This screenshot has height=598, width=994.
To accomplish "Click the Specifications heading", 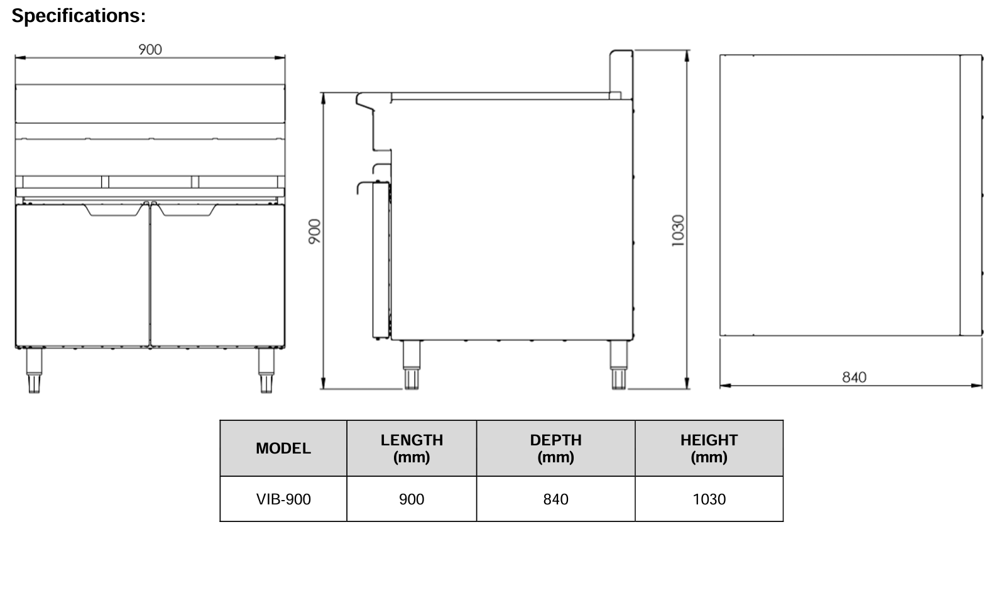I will (79, 16).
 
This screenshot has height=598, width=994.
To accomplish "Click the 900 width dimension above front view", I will (150, 50).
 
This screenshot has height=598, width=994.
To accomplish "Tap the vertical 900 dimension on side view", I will (315, 231).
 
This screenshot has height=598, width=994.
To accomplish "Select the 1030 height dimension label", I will (677, 231).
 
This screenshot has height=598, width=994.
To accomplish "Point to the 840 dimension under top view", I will (854, 377).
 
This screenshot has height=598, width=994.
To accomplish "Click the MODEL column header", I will (283, 448).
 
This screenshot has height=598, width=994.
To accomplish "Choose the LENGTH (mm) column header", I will (412, 448).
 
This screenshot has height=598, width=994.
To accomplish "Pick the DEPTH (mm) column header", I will (555, 448).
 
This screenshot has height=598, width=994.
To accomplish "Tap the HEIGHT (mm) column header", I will (709, 448).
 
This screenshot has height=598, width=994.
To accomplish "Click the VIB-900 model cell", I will (283, 499).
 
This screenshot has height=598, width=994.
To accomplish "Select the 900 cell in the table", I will (412, 499).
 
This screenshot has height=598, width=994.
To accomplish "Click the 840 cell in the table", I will (555, 499).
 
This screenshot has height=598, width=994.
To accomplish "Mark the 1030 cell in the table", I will (709, 499).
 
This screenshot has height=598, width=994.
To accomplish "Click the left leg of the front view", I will (33, 370).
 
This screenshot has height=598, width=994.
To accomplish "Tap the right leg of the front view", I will (266, 370).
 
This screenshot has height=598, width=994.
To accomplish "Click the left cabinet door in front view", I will (82, 276).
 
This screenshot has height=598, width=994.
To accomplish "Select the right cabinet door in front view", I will (217, 276).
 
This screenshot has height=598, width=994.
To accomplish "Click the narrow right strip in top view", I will (971, 195).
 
